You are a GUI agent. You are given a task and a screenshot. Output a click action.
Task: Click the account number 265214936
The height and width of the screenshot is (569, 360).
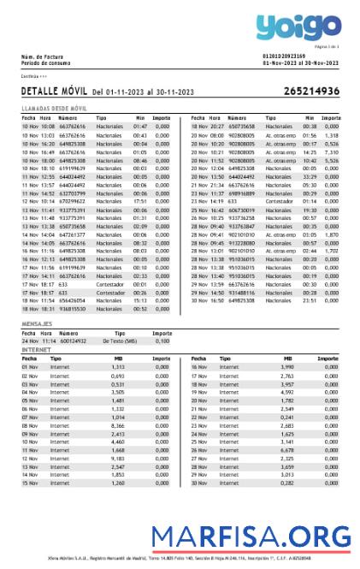click(311, 91)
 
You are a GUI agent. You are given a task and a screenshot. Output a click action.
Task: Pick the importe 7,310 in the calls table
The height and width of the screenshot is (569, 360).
click(333, 151)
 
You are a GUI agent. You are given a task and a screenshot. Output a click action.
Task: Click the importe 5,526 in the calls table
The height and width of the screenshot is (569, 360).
click(333, 160)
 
